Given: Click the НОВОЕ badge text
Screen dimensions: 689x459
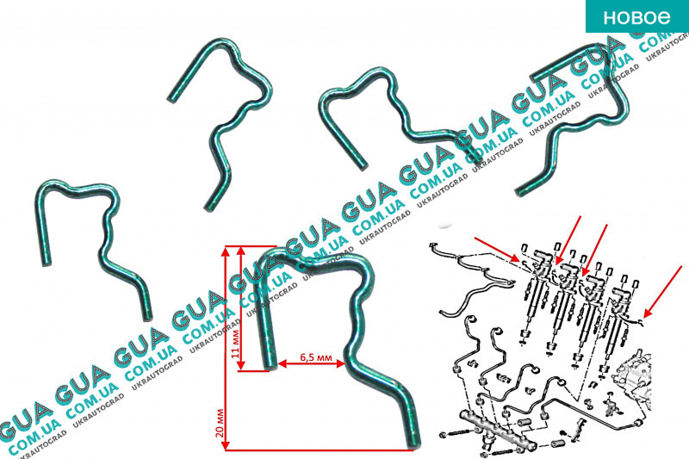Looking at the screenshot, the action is point(636,17).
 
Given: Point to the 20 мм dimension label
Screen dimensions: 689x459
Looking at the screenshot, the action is point(220,424).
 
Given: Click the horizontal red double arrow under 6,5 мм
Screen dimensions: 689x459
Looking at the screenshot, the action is point(312,363).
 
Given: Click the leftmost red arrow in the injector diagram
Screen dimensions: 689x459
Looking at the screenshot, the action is point(496,249).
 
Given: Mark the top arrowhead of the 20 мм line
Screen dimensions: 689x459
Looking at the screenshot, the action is point(227,251).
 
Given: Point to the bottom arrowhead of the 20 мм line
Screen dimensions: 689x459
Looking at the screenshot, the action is point(227,446).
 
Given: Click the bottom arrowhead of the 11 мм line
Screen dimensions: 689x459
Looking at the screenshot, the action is point(240,366).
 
